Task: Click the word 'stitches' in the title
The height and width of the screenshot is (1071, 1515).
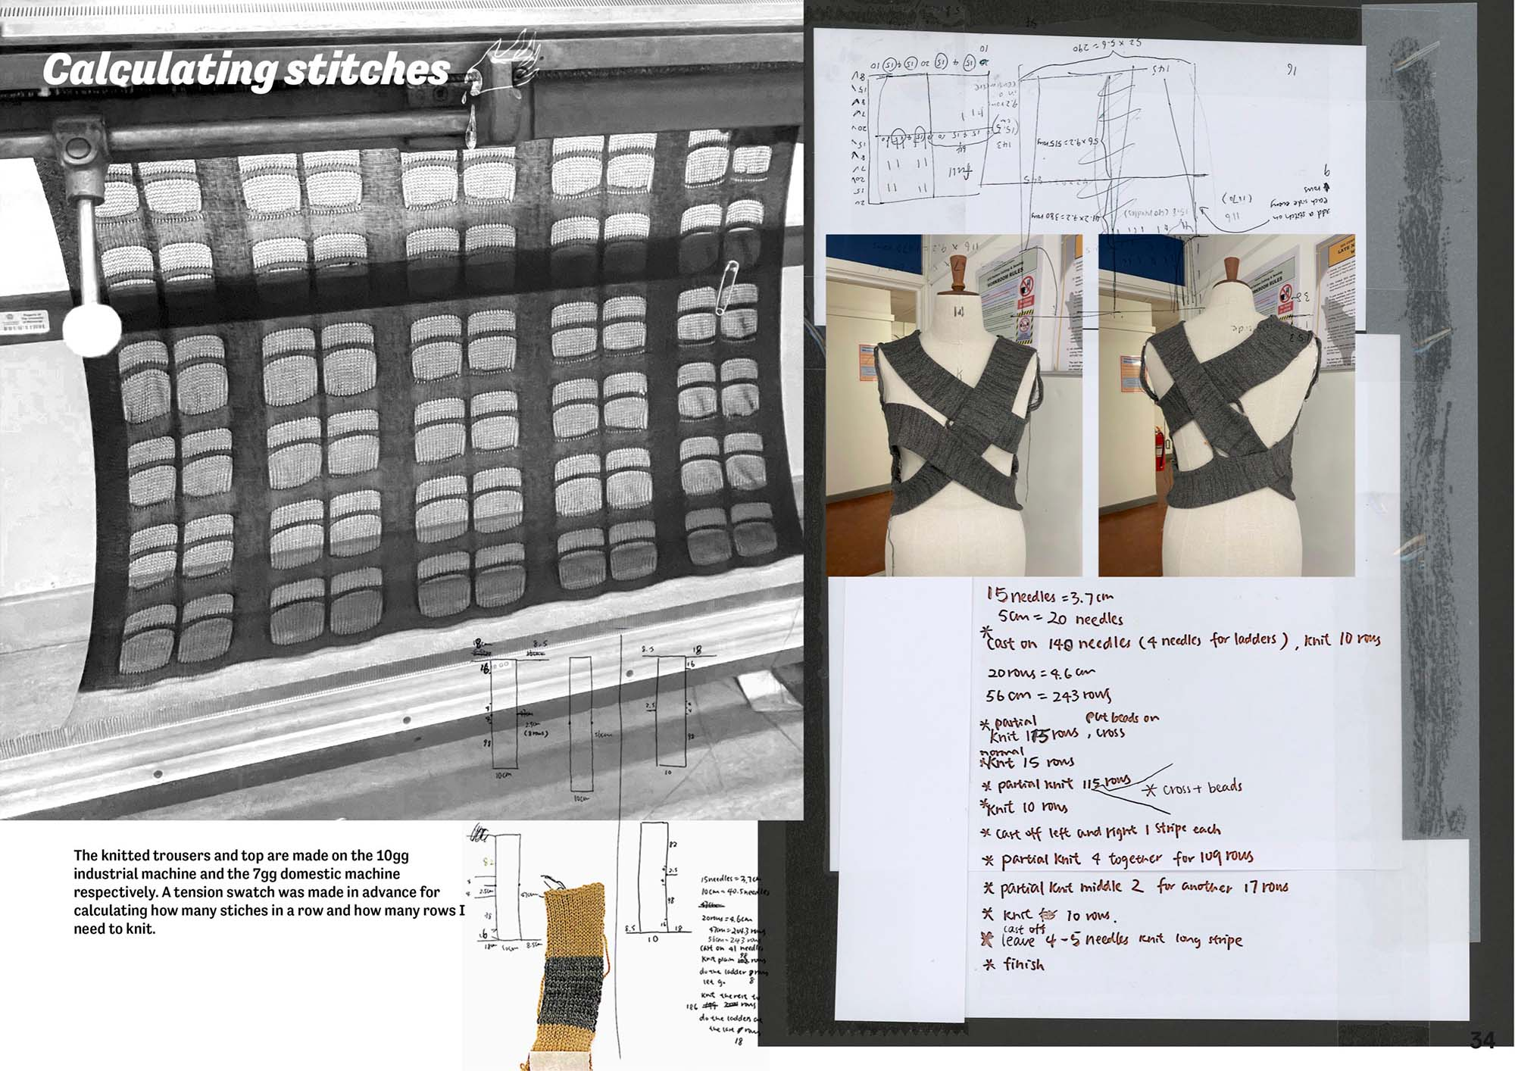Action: (x=367, y=70)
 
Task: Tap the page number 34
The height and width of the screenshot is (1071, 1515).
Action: (x=1482, y=1040)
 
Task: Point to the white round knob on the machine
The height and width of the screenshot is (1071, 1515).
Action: (x=92, y=329)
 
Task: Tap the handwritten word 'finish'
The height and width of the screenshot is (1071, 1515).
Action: (x=1023, y=965)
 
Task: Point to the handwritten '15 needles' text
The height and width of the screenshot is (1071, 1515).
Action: (x=1021, y=596)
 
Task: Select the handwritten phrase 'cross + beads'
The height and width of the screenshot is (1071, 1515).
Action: (x=1201, y=788)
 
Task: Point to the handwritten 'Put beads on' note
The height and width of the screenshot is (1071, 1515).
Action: (x=1121, y=717)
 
